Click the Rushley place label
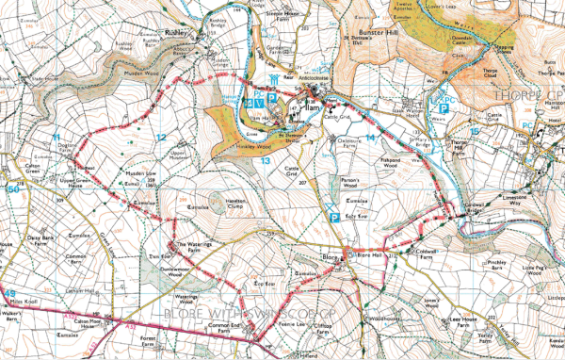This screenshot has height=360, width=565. point(176,31)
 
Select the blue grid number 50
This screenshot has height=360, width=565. point(12,188)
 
